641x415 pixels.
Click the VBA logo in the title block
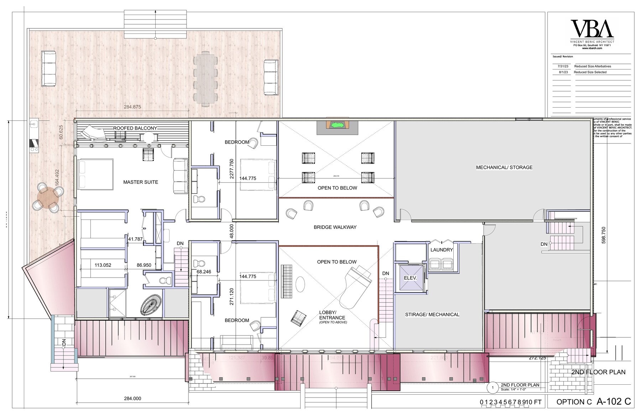click(592, 29)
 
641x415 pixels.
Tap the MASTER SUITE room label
click(141, 182)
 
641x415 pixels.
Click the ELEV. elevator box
click(410, 278)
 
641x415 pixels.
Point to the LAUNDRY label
click(442, 250)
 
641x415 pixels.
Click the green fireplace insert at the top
click(337, 125)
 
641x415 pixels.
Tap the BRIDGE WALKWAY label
click(335, 227)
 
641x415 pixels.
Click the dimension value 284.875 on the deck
click(132, 107)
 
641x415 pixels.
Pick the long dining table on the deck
click(205, 78)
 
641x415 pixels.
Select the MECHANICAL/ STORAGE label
click(504, 167)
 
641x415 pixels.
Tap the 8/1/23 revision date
click(563, 72)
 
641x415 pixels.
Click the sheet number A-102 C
click(614, 401)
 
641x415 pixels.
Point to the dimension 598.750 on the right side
click(603, 235)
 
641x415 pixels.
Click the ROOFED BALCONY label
click(135, 128)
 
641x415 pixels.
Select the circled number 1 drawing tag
click(493, 388)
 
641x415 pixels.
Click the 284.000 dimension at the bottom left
click(132, 399)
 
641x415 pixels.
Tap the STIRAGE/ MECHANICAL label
click(432, 315)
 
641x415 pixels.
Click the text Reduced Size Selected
click(590, 72)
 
